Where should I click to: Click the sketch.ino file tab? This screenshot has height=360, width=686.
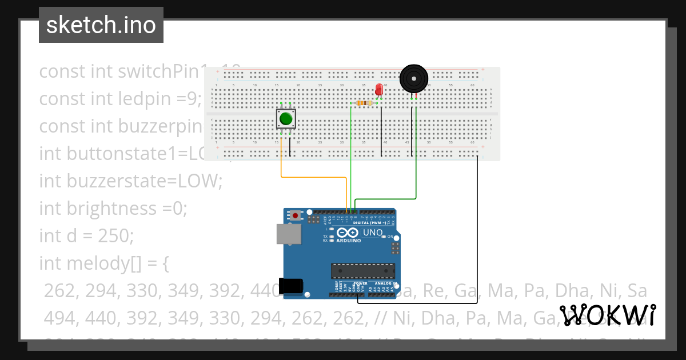(101, 25)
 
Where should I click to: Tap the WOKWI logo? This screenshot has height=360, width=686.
(607, 315)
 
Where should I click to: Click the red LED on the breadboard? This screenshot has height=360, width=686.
(378, 90)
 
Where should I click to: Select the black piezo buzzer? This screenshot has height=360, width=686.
(413, 78)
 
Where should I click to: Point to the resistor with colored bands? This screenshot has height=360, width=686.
(363, 103)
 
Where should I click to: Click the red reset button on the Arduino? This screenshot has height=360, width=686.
(295, 215)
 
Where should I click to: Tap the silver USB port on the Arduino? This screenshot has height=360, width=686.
(289, 234)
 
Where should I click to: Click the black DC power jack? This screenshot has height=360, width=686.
(290, 286)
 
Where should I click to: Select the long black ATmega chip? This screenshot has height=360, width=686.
(362, 271)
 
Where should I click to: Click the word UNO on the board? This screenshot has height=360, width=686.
(373, 233)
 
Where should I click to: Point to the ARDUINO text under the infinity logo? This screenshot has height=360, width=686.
(348, 241)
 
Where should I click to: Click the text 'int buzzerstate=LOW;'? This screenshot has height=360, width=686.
(130, 181)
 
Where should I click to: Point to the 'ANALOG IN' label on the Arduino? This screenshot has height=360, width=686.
(386, 283)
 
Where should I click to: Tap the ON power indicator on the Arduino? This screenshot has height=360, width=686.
(391, 237)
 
